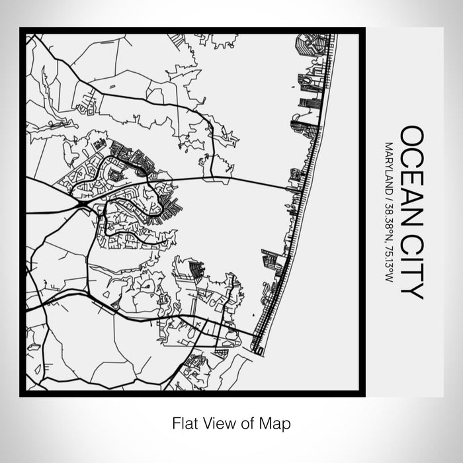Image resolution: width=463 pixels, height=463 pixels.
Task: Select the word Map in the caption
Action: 276,421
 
